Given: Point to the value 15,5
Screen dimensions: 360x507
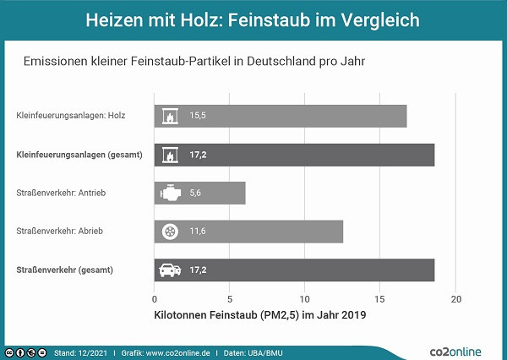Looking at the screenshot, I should [x=199, y=116].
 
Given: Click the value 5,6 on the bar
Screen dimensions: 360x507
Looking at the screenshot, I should [x=195, y=194].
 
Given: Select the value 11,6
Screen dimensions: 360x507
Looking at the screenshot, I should [x=199, y=232].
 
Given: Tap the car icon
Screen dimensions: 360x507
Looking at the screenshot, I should [x=169, y=270].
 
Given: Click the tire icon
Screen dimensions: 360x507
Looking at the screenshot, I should [x=169, y=232].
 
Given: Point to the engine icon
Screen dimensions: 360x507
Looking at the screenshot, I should [x=169, y=194].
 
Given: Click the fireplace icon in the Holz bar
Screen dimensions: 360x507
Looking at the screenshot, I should [x=169, y=116].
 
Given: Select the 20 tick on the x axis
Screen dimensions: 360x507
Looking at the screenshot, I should [x=456, y=299].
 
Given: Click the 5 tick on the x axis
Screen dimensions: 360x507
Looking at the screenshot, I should [x=230, y=299].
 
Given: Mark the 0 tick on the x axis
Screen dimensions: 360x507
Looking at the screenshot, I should [x=155, y=299].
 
